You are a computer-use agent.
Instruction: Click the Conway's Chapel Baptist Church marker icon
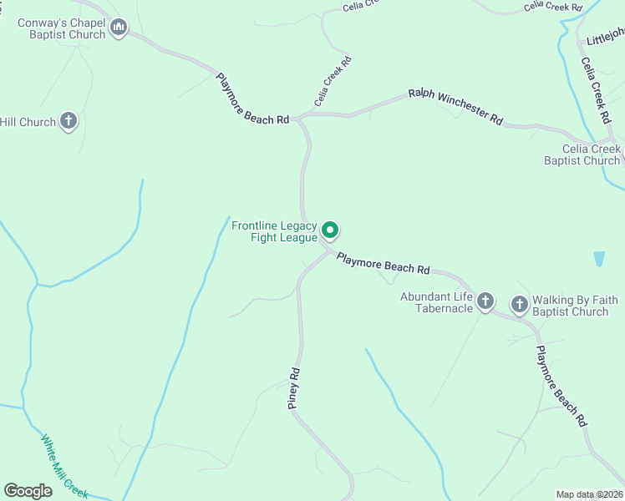(x=119, y=28)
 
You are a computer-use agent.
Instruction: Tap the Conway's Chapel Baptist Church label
(x=62, y=28)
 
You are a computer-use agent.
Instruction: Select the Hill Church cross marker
(x=69, y=122)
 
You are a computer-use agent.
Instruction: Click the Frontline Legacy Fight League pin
(x=330, y=230)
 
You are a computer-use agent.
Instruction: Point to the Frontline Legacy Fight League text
(x=274, y=231)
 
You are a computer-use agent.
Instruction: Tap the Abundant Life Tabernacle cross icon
(x=485, y=302)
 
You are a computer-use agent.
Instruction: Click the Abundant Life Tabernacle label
(x=436, y=302)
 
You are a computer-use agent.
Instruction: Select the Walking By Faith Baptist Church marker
(x=520, y=305)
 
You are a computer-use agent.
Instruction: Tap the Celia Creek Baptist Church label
(x=581, y=154)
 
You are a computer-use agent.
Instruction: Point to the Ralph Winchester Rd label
(x=455, y=107)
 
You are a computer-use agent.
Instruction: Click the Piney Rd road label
(x=293, y=387)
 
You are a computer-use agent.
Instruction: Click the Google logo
(x=28, y=491)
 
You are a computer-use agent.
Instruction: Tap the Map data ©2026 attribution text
(x=588, y=494)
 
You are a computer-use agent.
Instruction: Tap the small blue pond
(x=599, y=259)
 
